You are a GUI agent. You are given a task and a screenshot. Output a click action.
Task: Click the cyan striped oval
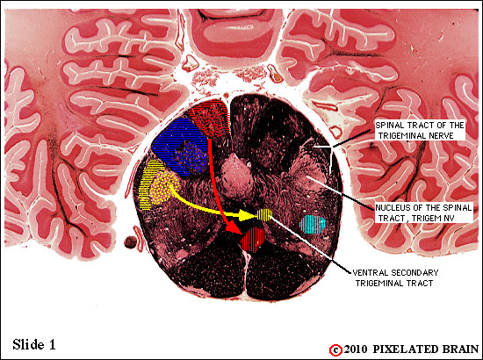click(x=313, y=225)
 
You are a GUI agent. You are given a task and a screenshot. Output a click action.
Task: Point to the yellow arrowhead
click(x=249, y=216)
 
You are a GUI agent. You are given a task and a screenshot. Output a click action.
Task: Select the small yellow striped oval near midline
click(x=264, y=214)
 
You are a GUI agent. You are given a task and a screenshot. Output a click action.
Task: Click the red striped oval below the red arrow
click(x=254, y=240)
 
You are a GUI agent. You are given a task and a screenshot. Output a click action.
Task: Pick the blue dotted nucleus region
click(x=191, y=155)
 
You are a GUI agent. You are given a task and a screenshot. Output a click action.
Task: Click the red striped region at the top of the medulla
click(x=210, y=118)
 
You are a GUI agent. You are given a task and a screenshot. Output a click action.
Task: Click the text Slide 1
click(x=34, y=344)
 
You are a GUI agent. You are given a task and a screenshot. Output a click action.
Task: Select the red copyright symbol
click(x=335, y=350)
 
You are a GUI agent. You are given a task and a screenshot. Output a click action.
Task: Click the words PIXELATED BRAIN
click(x=426, y=349)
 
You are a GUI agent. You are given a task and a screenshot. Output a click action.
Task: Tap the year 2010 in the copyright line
click(x=356, y=349)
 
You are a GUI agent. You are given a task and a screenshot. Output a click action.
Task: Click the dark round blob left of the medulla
click(x=130, y=242)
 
